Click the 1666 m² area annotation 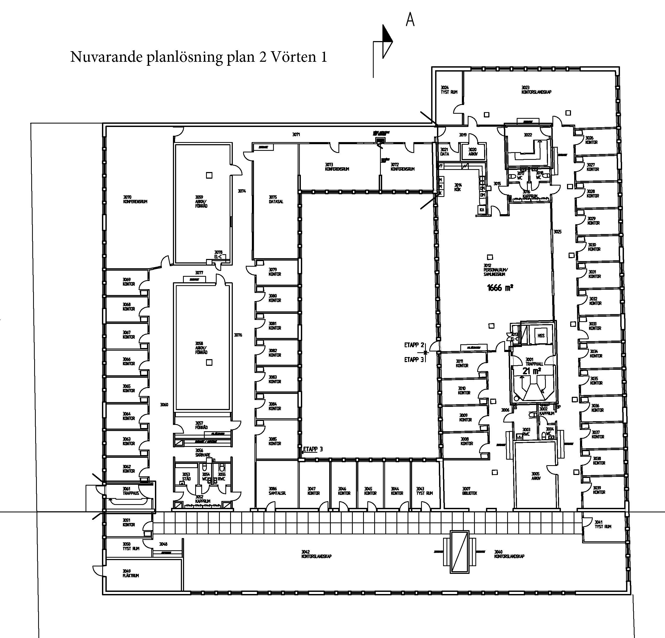pyautogui.click(x=500, y=288)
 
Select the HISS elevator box pyautogui.click(x=541, y=336)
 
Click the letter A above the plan pyautogui.click(x=410, y=20)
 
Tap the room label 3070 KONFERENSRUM pyautogui.click(x=135, y=199)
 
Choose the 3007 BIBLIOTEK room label pyautogui.click(x=470, y=491)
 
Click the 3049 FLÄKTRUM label pyautogui.click(x=131, y=574)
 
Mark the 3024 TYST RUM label pyautogui.click(x=449, y=90)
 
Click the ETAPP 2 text pyautogui.click(x=414, y=345)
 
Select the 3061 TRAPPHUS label pyautogui.click(x=131, y=491)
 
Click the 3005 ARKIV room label pyautogui.click(x=536, y=476)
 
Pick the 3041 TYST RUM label pyautogui.click(x=602, y=525)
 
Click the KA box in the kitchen pyautogui.click(x=482, y=210)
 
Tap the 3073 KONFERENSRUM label pyautogui.click(x=337, y=167)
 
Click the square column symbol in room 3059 pyautogui.click(x=209, y=175)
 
